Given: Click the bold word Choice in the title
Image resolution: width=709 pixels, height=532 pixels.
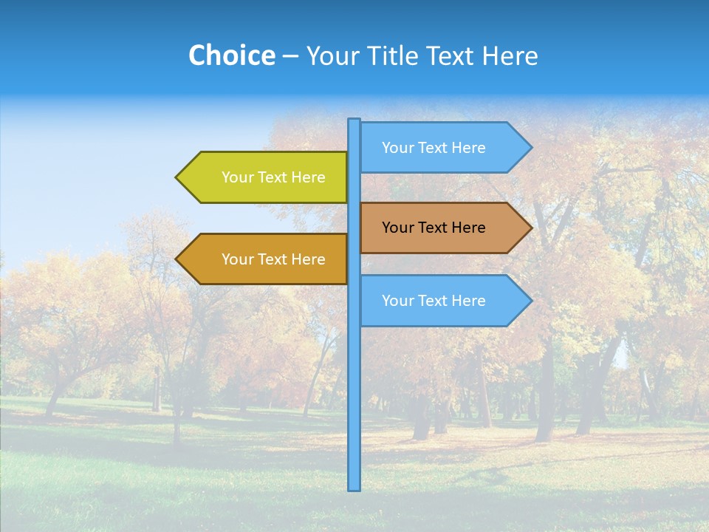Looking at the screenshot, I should point(231,55).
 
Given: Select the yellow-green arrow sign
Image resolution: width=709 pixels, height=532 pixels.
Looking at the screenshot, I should point(266,177).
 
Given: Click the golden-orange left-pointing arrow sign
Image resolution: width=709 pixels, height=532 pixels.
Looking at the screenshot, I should point(266,259).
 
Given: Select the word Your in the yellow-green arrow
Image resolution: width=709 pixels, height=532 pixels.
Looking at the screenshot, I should point(237,177).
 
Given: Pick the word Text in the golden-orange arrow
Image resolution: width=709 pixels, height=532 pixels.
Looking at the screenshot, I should point(273,259).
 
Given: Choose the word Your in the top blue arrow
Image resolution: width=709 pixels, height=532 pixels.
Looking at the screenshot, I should point(397,148).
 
